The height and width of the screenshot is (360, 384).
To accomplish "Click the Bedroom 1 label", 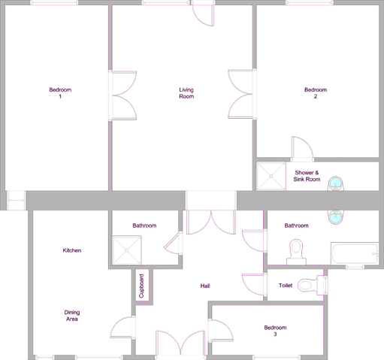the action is [60, 93].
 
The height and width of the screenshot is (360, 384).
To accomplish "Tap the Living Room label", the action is [186, 93].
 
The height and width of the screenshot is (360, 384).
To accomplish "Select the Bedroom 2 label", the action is [316, 93].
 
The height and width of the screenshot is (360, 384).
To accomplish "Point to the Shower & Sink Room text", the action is [307, 176].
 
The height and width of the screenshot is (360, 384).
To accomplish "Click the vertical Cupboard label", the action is [141, 286].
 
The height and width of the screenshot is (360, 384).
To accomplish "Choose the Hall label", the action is [205, 286].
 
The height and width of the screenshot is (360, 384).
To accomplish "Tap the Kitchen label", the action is [72, 250].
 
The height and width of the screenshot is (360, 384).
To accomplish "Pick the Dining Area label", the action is [72, 316].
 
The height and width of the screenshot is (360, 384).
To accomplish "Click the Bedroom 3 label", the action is [275, 331].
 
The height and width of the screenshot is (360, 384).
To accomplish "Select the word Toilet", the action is [286, 286].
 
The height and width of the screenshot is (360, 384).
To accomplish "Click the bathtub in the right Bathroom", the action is [355, 253].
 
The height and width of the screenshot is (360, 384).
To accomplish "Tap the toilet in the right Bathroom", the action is [296, 252].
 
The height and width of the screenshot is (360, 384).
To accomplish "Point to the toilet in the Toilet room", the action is [313, 285].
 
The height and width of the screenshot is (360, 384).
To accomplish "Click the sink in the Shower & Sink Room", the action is [336, 183].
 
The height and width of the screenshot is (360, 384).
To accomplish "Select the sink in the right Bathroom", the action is [336, 217].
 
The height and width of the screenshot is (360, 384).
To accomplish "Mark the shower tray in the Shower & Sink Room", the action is [271, 176].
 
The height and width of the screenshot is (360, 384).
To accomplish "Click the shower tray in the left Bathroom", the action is [127, 250].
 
